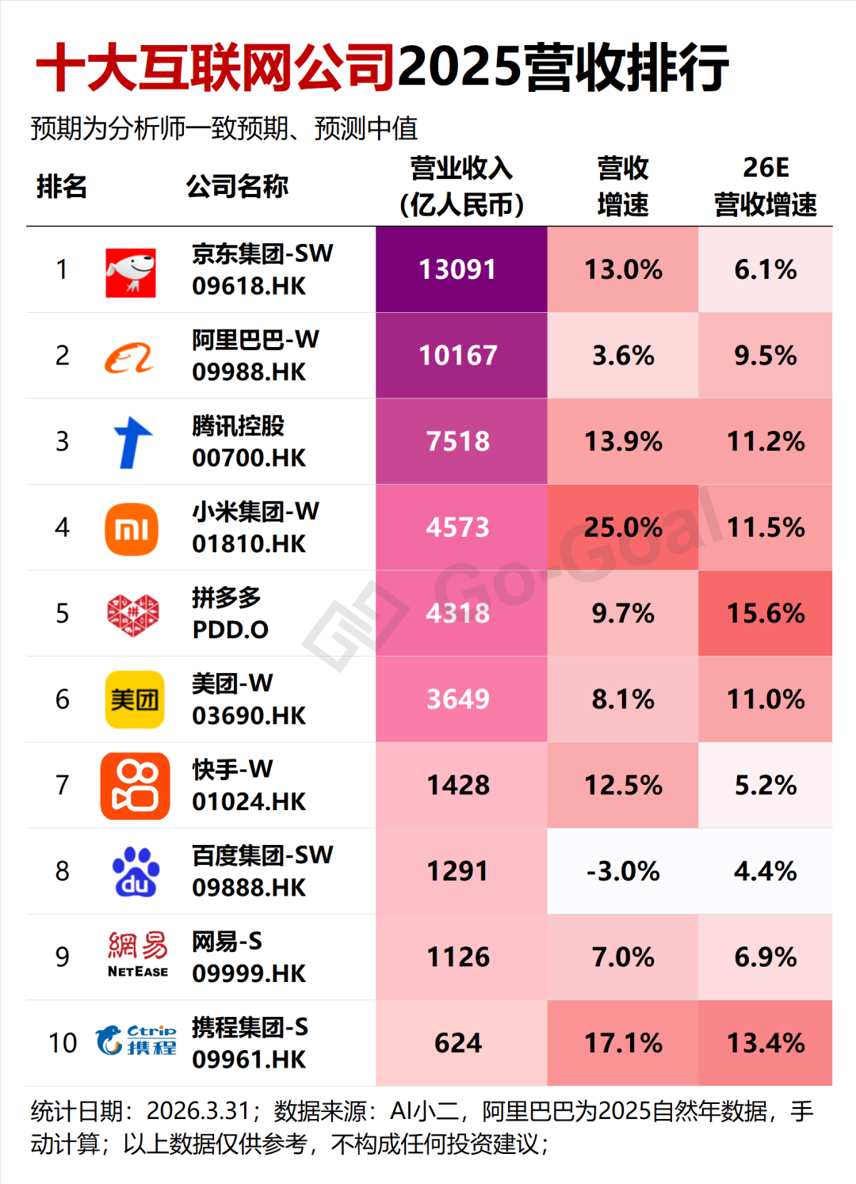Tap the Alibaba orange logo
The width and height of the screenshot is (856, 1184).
tap(129, 358)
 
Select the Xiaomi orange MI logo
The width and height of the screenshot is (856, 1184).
tap(132, 529)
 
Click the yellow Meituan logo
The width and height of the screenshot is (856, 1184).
tap(135, 700)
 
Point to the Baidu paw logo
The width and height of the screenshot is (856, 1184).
tap(135, 872)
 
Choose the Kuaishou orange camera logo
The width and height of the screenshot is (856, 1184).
tap(135, 786)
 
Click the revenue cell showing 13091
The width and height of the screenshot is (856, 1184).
tap(458, 270)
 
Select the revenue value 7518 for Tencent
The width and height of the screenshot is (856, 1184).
tap(458, 442)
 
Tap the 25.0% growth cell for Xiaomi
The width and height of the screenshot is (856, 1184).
tap(623, 527)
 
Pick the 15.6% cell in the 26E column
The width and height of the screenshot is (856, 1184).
tap(766, 614)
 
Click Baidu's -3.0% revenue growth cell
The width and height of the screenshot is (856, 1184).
tap(623, 871)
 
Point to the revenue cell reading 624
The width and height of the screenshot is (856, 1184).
tap(458, 1043)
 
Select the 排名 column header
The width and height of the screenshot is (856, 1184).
tap(62, 187)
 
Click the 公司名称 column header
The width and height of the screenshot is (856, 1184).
tap(237, 187)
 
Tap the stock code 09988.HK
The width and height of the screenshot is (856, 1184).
tap(249, 372)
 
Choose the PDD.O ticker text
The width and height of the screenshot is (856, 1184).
tap(231, 630)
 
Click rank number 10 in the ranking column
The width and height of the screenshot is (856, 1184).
tap(63, 1043)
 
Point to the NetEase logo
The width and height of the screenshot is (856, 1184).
tap(138, 955)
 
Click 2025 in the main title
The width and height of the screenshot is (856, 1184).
tap(460, 67)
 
